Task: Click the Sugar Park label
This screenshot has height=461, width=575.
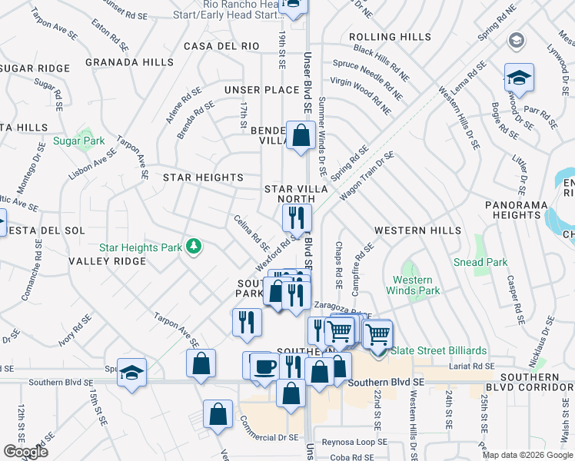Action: coord(78,141)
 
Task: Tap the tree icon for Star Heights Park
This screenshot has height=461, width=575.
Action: coord(196,246)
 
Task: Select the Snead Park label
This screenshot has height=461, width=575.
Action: coord(480,262)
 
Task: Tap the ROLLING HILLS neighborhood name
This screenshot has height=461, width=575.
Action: coord(390,37)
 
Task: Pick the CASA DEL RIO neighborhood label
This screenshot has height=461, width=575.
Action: coord(221,46)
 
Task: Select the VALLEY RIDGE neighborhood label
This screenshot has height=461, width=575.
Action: coord(107,261)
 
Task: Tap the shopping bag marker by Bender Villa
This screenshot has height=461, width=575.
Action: coord(298,137)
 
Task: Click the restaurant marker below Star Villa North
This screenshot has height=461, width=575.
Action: coord(297,218)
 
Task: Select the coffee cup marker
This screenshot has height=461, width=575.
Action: coord(265,366)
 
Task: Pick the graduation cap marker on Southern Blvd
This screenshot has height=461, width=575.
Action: coord(131,373)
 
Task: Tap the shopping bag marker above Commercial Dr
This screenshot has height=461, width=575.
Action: coord(218,413)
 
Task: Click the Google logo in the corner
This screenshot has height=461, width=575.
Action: coord(25,452)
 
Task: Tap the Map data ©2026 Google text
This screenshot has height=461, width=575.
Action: coord(527,455)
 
